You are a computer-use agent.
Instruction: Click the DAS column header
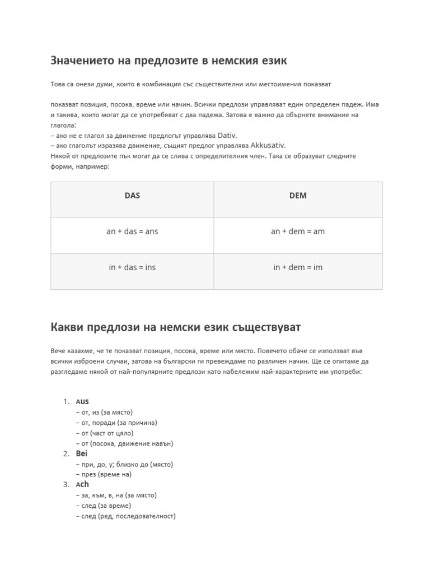click(x=132, y=196)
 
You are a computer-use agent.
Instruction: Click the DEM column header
click(x=298, y=196)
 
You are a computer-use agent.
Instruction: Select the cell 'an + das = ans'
click(x=132, y=231)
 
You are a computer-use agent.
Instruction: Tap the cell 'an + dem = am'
click(x=298, y=231)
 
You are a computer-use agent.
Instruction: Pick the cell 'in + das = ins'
click(x=132, y=267)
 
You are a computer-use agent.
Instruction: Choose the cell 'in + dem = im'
click(x=298, y=267)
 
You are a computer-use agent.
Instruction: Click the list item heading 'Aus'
click(x=82, y=401)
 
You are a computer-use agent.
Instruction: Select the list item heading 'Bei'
click(x=82, y=453)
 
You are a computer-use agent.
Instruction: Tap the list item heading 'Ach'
click(x=82, y=484)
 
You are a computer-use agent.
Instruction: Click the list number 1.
click(x=66, y=402)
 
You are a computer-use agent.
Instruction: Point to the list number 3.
click(x=66, y=485)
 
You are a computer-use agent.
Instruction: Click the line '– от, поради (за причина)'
click(x=116, y=423)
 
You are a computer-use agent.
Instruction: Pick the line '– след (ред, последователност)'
click(x=125, y=516)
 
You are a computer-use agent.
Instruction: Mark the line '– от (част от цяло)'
click(x=104, y=433)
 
